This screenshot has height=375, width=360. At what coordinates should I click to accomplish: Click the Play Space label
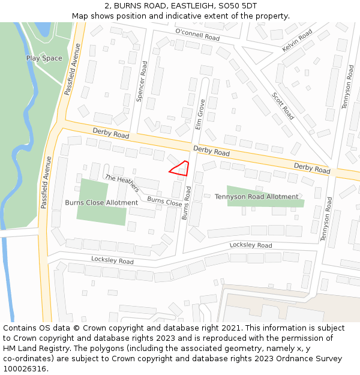click(x=44, y=58)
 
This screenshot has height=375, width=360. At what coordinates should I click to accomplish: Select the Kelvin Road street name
click(x=298, y=41)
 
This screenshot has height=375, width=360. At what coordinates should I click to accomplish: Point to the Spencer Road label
click(x=141, y=81)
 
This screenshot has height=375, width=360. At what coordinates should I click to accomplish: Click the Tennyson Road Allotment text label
click(x=256, y=197)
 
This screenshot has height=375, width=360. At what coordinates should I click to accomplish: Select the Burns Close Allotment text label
click(x=101, y=203)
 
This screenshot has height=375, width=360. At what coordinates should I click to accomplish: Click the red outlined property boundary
click(x=180, y=168)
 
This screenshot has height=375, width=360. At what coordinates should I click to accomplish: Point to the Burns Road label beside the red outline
click(x=187, y=202)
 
